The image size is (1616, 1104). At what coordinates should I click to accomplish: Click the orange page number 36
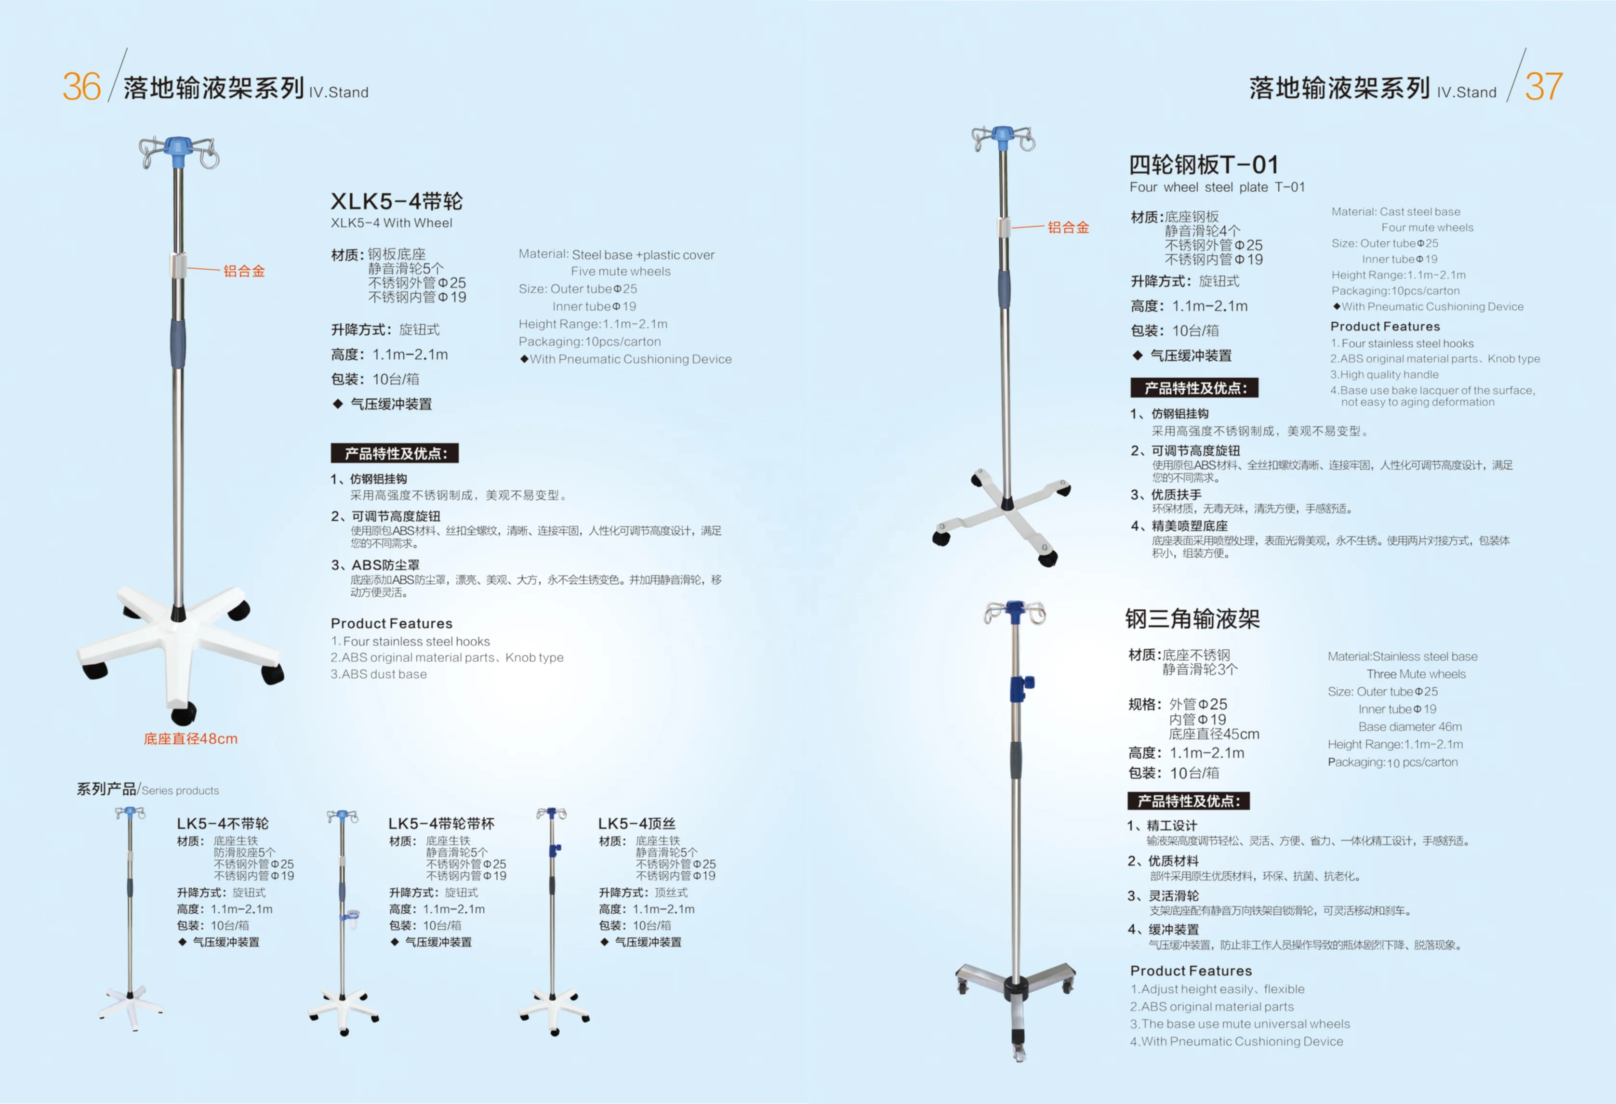click(x=81, y=87)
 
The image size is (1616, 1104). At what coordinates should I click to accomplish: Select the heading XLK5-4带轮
click(x=397, y=202)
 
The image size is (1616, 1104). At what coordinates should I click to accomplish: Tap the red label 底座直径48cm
click(x=190, y=738)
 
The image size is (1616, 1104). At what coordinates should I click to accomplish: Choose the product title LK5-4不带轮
click(x=223, y=824)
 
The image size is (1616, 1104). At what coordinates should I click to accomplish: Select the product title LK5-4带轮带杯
click(x=441, y=824)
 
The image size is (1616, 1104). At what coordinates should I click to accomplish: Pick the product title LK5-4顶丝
click(x=637, y=824)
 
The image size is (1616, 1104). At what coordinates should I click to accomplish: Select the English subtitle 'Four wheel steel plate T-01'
click(x=1217, y=187)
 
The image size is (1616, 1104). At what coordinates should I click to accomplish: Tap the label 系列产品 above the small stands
click(x=106, y=789)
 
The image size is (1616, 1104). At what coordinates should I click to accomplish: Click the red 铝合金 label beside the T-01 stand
click(x=1068, y=227)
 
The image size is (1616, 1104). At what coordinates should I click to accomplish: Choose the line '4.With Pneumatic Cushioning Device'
click(x=1236, y=1041)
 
